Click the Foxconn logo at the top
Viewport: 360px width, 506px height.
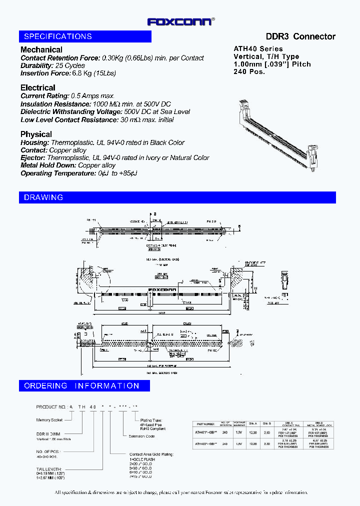[180, 21]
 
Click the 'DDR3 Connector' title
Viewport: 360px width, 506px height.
[300, 36]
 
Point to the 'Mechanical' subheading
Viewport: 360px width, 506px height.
[41, 49]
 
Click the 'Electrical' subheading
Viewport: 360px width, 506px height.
[37, 87]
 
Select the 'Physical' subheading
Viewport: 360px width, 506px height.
[36, 134]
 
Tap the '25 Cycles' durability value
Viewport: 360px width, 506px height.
[70, 65]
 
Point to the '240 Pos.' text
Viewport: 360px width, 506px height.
[249, 71]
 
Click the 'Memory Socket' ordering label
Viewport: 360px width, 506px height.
[50, 420]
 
